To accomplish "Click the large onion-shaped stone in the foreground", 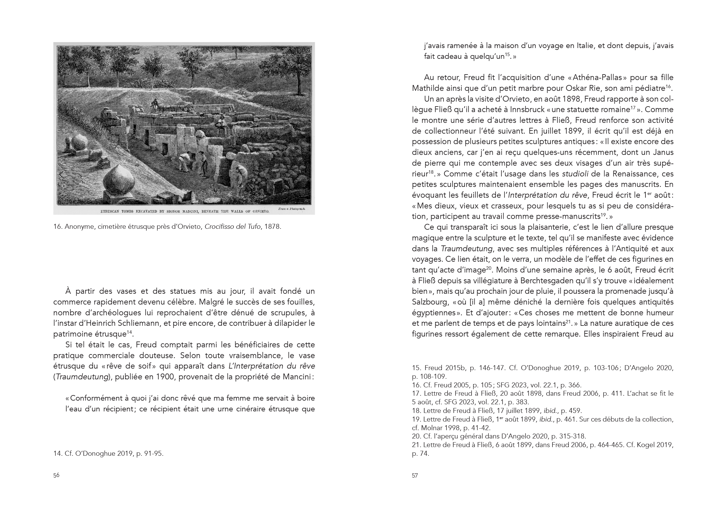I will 121,179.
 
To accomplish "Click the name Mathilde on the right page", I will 427,88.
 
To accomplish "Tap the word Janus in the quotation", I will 661,152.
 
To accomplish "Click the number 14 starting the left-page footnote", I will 57,453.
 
